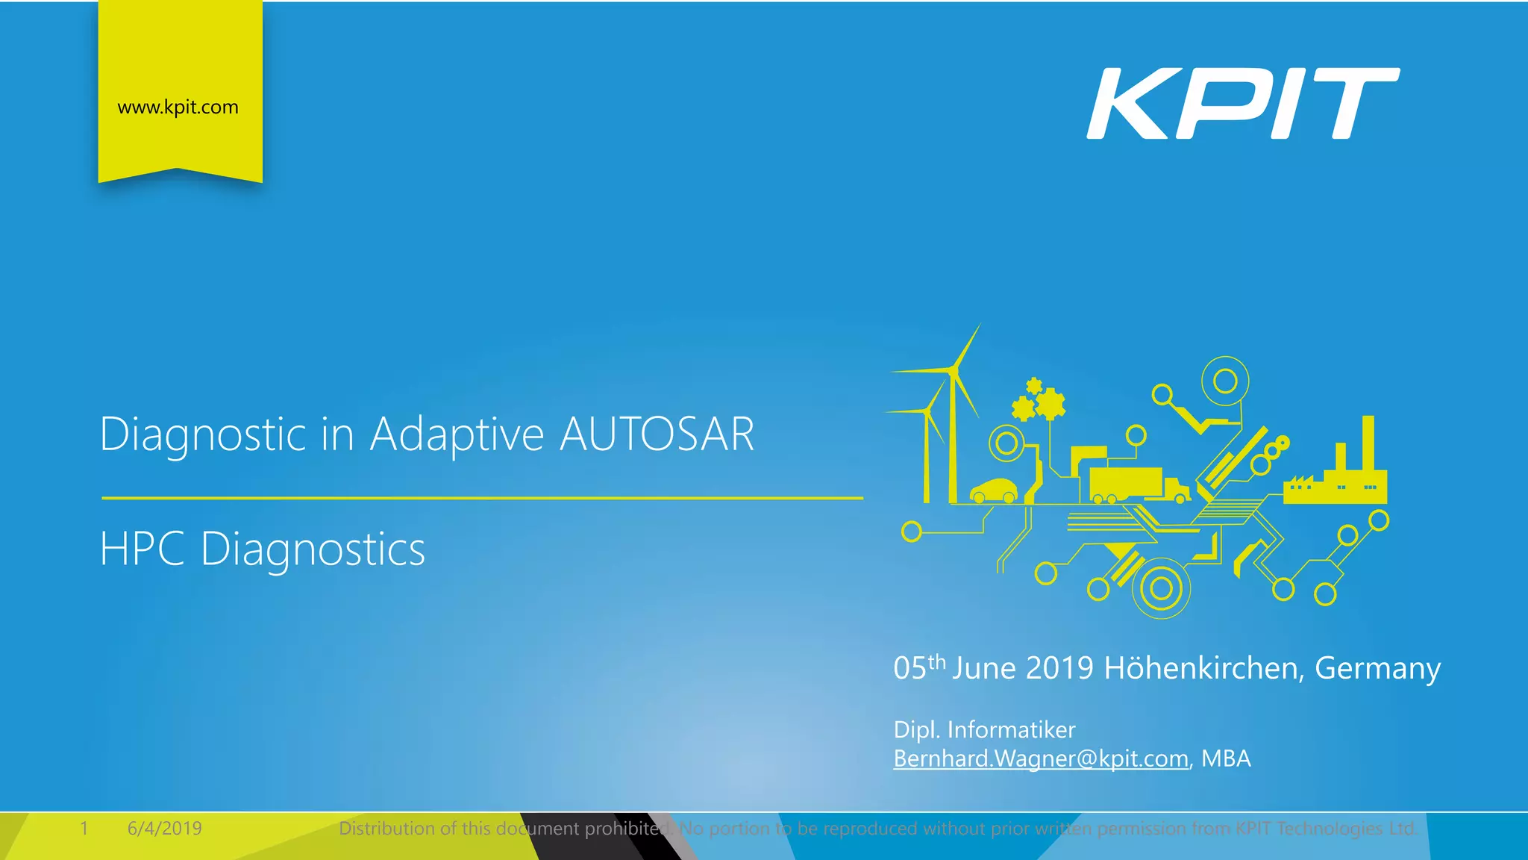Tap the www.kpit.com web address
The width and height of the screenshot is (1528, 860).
(x=178, y=107)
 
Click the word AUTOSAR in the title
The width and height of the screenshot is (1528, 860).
(x=657, y=434)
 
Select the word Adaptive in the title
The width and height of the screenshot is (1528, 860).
(x=457, y=435)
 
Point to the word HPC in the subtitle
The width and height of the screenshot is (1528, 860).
(x=142, y=549)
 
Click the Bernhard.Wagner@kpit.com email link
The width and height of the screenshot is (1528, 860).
(x=1041, y=758)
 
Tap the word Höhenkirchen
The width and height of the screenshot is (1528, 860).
(x=1203, y=668)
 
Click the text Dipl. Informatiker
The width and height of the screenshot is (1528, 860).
(x=984, y=729)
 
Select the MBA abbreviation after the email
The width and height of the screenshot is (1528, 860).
(x=1226, y=758)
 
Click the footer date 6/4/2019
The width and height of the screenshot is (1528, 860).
(x=164, y=829)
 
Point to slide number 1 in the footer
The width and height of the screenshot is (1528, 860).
(x=84, y=829)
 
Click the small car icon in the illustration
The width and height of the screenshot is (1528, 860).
(x=993, y=491)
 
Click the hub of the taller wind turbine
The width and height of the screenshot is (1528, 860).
(x=953, y=369)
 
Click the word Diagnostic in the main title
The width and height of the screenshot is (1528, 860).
(x=203, y=435)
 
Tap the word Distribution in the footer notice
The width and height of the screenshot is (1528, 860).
(x=387, y=829)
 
